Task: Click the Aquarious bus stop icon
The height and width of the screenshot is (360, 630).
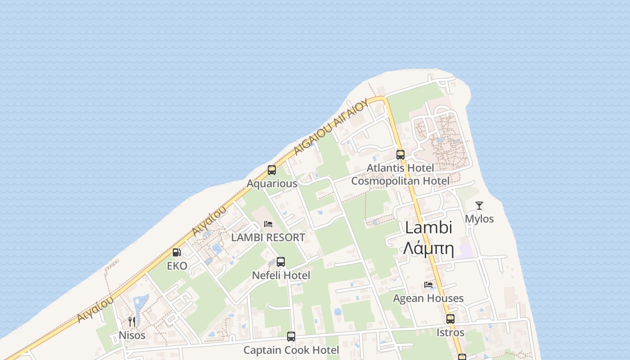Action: point(272,170)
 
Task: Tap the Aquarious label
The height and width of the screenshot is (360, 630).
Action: point(272,184)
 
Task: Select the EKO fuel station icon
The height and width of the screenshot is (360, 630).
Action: point(177,252)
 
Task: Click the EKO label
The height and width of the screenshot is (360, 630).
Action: point(177,266)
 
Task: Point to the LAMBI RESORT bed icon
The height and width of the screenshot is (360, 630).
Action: point(268,224)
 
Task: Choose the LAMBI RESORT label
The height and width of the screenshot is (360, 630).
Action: point(268,237)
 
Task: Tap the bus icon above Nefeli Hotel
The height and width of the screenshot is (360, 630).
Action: point(281,261)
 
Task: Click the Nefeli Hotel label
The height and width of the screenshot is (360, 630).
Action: point(281,275)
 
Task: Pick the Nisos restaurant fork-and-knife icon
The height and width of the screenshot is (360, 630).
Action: point(132,321)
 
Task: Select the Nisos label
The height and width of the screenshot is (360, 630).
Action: point(132,335)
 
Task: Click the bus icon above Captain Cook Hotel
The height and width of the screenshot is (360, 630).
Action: point(291,336)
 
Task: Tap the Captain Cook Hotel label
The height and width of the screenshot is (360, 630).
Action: point(291,350)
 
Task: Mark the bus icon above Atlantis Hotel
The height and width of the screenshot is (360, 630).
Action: point(400,154)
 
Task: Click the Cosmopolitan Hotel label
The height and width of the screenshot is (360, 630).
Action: point(400,181)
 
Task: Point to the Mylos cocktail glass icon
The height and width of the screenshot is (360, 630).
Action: point(479,206)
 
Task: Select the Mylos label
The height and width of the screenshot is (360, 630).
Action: point(479,219)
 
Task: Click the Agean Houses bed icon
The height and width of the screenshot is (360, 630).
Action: point(428,285)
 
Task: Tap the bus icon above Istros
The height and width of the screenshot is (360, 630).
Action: point(450,319)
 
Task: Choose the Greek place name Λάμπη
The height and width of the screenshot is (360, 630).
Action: point(428,247)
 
